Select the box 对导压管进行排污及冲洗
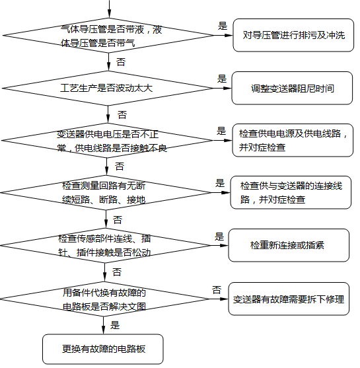pyautogui.click(x=293, y=35)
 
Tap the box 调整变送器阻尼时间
pyautogui.click(x=292, y=88)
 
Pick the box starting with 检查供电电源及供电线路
pyautogui.click(x=291, y=140)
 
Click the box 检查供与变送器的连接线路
pyautogui.click(x=291, y=192)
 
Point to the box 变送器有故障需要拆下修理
pyautogui.click(x=289, y=299)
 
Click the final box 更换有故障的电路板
pyautogui.click(x=102, y=348)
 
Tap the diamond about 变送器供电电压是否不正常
pyautogui.click(x=110, y=141)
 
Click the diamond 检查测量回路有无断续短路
pyautogui.click(x=106, y=192)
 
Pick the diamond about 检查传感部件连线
pyautogui.click(x=104, y=245)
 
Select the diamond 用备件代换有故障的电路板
pyautogui.click(x=104, y=299)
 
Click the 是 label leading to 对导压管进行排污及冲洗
pyautogui.click(x=223, y=26)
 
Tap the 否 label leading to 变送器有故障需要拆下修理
pyautogui.click(x=217, y=290)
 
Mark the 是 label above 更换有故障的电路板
pyautogui.click(x=114, y=325)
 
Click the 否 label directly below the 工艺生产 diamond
pyautogui.click(x=121, y=114)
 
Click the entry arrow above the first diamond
pyautogui.click(x=110, y=8)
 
